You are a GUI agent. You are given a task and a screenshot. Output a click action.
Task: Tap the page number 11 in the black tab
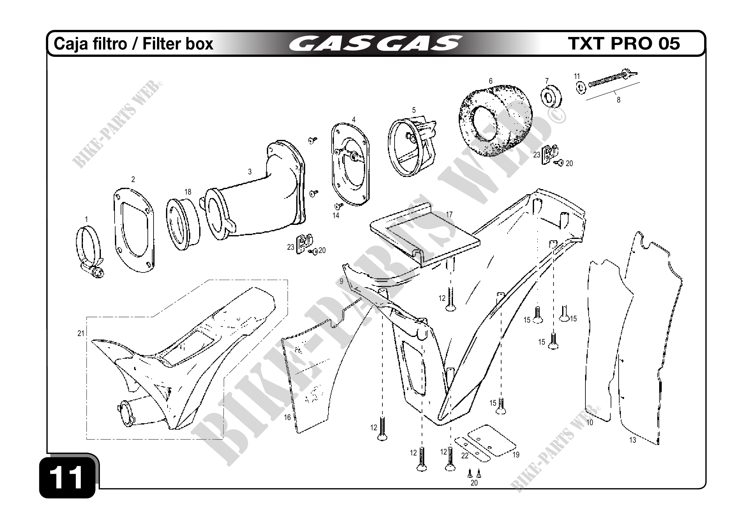click(x=68, y=478)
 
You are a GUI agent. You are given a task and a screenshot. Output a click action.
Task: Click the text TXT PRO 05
click(x=623, y=43)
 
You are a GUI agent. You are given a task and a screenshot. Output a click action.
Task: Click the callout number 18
click(x=188, y=192)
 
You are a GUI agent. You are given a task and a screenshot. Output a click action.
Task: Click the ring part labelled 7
click(x=551, y=96)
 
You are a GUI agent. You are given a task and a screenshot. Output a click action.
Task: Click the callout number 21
click(x=80, y=333)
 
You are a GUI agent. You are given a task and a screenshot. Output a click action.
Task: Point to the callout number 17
click(x=449, y=215)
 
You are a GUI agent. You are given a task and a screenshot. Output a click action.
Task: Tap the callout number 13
click(x=632, y=440)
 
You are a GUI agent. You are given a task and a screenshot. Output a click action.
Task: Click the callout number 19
click(x=516, y=455)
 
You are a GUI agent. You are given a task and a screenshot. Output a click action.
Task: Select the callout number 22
click(x=465, y=456)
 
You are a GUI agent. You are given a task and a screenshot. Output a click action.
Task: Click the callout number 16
click(x=287, y=417)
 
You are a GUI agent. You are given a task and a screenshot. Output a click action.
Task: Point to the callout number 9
click(x=341, y=281)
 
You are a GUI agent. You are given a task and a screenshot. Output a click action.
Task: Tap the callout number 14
click(x=335, y=215)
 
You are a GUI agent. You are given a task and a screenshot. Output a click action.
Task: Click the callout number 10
click(x=590, y=422)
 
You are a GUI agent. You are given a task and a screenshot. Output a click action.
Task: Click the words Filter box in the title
click(x=178, y=43)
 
